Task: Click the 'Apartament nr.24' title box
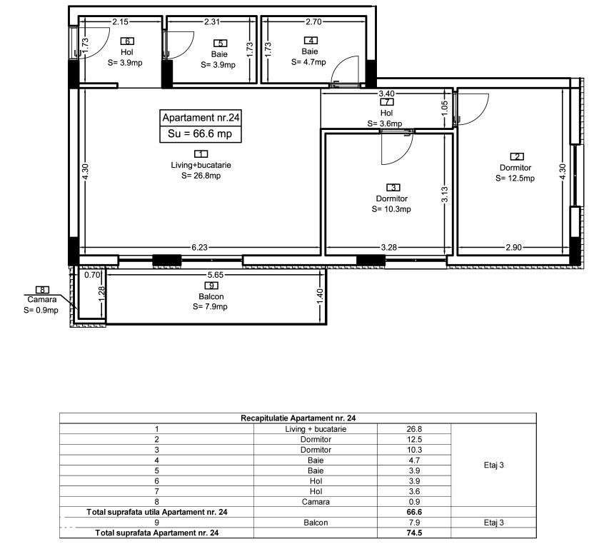(x=200, y=118)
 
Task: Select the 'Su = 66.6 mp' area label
(x=200, y=134)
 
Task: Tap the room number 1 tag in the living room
(x=201, y=153)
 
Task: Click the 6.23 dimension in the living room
(x=200, y=248)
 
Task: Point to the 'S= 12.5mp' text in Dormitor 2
(x=515, y=178)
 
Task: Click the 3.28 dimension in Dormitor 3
(x=389, y=248)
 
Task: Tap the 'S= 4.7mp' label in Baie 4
(x=309, y=62)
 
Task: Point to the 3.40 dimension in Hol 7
(x=386, y=94)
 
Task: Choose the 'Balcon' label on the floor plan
(x=211, y=297)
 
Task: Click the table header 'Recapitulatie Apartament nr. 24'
(x=297, y=418)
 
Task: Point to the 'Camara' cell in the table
(x=315, y=502)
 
